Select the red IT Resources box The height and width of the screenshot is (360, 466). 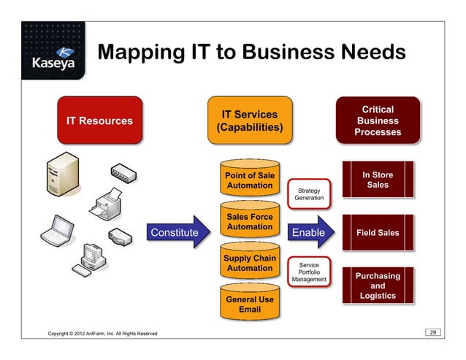[x=100, y=120]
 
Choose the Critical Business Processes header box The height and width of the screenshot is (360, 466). [x=378, y=120]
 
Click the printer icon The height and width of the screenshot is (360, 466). [x=112, y=200]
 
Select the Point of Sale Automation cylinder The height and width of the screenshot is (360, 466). [x=250, y=182]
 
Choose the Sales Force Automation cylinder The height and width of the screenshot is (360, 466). [x=250, y=223]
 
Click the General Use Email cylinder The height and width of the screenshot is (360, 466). [x=250, y=305]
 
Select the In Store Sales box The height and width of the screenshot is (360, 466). [x=378, y=180]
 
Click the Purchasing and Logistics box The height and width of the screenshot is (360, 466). [x=378, y=286]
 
